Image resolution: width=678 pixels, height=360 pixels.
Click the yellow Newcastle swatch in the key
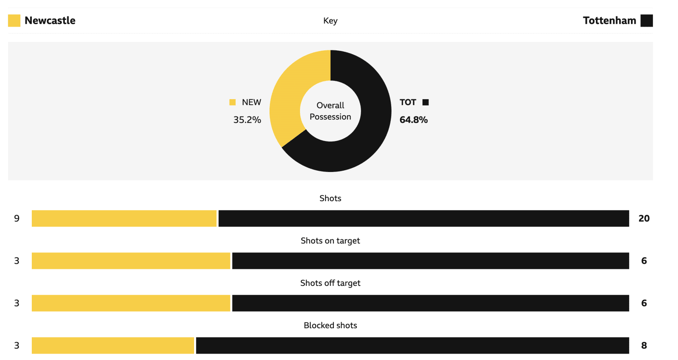coord(14,21)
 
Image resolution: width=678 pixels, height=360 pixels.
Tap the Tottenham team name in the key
coord(609,21)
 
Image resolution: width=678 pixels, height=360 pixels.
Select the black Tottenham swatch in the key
coord(646,21)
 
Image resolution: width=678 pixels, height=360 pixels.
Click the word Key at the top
coord(330,21)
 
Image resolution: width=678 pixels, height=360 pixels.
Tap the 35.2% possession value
coord(247,120)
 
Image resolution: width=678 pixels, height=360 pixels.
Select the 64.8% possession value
coord(414,120)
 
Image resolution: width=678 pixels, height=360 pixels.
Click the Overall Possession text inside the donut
coord(331,111)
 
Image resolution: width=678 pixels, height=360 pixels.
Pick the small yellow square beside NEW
coord(232,102)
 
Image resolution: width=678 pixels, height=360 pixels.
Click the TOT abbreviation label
coord(408,102)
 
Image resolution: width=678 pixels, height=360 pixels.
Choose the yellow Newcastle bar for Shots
coord(124,219)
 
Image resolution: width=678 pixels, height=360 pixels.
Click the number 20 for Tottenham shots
coord(644,219)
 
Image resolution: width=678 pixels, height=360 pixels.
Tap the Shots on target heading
coord(330,241)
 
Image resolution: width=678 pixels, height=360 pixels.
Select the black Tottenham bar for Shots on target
coord(431,261)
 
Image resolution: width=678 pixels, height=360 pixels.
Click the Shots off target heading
coord(330,283)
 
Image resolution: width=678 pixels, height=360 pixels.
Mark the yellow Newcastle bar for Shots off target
coord(131,303)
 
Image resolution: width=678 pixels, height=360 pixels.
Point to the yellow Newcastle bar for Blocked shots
coord(113,346)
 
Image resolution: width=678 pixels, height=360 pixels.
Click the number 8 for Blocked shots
coord(644,346)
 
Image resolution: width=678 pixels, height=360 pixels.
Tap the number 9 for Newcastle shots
coord(17,219)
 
